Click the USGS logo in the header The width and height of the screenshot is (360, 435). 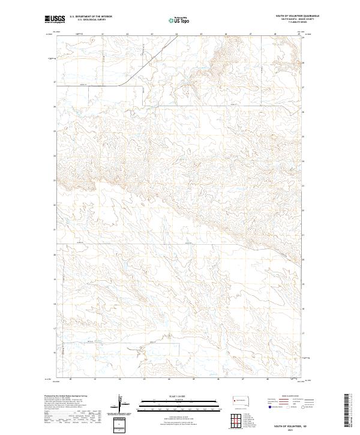[x=55, y=20]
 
